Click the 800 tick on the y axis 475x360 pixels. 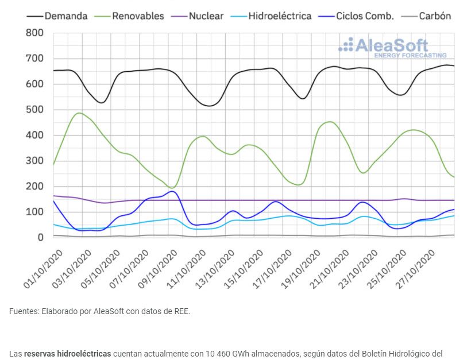click(35, 33)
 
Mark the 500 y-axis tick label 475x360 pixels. click(35, 110)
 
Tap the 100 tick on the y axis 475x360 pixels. click(35, 212)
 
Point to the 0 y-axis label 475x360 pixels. click(40, 238)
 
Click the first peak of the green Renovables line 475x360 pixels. click(79, 113)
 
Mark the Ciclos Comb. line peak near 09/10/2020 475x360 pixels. click(172, 191)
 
